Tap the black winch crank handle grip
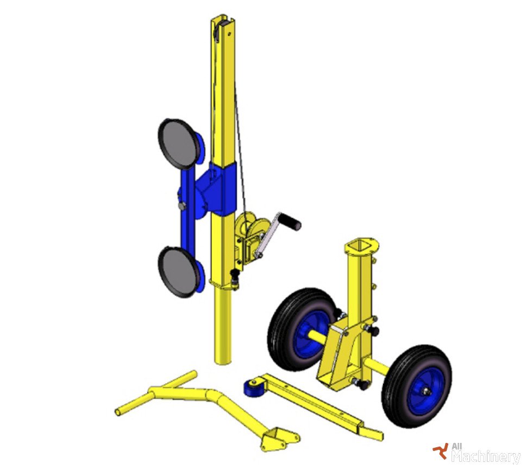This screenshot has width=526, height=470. point(291,221)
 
